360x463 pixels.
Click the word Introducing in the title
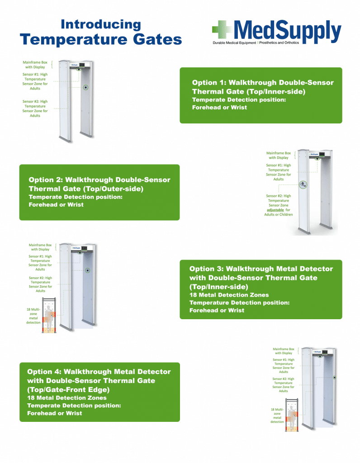pyautogui.click(x=101, y=24)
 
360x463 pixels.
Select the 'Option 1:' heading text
pyautogui.click(x=209, y=83)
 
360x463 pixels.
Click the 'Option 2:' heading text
pyautogui.click(x=46, y=180)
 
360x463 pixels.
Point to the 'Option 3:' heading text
pyautogui.click(x=206, y=269)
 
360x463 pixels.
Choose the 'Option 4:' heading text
pyautogui.click(x=44, y=372)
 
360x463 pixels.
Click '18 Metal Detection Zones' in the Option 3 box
pyautogui.click(x=229, y=295)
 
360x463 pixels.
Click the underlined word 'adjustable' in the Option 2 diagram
pyautogui.click(x=275, y=210)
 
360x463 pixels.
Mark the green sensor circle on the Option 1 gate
pyautogui.click(x=85, y=88)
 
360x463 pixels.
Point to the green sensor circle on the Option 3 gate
pyautogui.click(x=88, y=270)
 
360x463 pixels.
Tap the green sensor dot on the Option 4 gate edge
pyautogui.click(x=334, y=377)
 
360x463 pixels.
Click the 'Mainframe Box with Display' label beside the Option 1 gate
pyautogui.click(x=35, y=65)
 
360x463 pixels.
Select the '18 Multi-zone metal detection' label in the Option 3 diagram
pyautogui.click(x=33, y=316)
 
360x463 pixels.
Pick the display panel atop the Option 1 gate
pyautogui.click(x=81, y=65)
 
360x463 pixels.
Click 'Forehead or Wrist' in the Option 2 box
pyautogui.click(x=56, y=205)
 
